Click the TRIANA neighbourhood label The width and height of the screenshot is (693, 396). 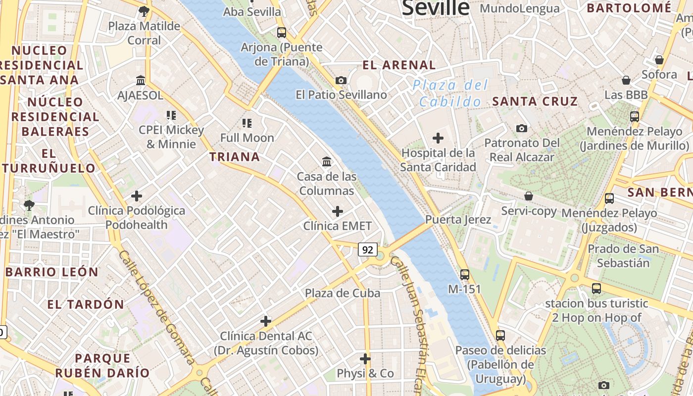[x=234, y=157]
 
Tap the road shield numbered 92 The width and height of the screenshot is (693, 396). [x=367, y=250]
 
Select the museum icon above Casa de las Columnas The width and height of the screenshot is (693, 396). [x=327, y=161]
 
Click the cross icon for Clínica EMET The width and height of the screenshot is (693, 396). [x=338, y=211]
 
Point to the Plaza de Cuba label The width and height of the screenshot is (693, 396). [x=343, y=293]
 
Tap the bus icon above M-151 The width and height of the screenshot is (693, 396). [x=464, y=274]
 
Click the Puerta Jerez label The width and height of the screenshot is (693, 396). [x=458, y=220]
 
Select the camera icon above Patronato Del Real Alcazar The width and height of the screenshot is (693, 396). [x=522, y=128]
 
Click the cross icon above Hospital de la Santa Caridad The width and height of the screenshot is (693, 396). [x=438, y=138]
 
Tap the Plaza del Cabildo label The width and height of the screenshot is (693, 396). [x=449, y=94]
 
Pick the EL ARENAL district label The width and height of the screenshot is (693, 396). [x=399, y=65]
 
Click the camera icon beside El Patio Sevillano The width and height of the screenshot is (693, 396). [x=341, y=80]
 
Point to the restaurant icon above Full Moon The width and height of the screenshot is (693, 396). [x=247, y=123]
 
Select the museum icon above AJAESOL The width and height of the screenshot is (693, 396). [x=141, y=80]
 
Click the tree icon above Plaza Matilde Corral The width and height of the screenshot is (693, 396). [x=144, y=11]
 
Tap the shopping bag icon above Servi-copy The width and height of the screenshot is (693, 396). [x=529, y=196]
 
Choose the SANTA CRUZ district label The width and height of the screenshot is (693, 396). [x=535, y=101]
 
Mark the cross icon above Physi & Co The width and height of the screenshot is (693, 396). [x=365, y=358]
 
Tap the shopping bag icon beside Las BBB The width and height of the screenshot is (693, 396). [x=626, y=80]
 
